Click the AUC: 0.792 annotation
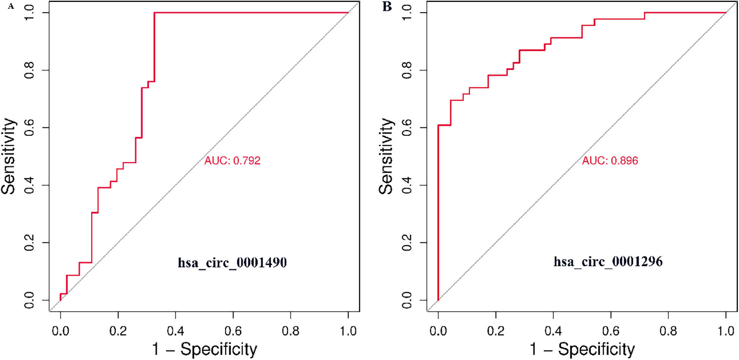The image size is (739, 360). tap(232, 161)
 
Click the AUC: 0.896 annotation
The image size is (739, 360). tap(610, 161)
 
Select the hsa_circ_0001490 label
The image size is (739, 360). tap(232, 263)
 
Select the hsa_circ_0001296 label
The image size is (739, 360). tap(608, 262)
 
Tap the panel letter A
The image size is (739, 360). tap(11, 6)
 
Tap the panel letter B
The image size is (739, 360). tap(387, 6)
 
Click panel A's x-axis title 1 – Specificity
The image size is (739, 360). tap(204, 349)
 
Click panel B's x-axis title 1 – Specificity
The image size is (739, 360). tap(582, 349)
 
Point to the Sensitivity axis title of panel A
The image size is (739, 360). tap(8, 156)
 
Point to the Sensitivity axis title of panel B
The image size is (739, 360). tap(386, 156)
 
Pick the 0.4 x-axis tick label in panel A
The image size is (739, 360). tap(176, 331)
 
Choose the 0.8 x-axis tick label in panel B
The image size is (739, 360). tap(668, 331)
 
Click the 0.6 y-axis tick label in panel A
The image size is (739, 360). tap(29, 128)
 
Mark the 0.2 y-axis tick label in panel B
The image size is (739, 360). tap(407, 242)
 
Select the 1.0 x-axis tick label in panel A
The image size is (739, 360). tap(348, 331)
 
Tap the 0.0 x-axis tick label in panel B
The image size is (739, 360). tap(438, 331)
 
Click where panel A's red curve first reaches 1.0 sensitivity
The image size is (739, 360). tap(154, 13)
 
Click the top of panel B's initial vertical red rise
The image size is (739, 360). tap(438, 125)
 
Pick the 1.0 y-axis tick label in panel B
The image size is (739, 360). tap(407, 13)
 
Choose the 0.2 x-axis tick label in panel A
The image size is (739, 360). tap(118, 331)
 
